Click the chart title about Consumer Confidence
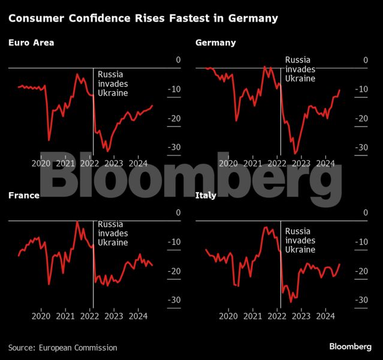pos(143,19)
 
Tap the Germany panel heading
pos(215,43)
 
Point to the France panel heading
pos(23,196)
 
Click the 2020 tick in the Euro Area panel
pos(41,163)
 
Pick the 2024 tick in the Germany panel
pos(325,163)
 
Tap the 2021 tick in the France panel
pos(65,316)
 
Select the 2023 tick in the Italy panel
pos(301,316)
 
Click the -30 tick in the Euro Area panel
pos(174,147)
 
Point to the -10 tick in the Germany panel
pos(361,89)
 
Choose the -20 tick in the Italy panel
pos(361,271)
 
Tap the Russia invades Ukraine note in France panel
pos(113,233)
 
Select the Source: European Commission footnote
pos(62,347)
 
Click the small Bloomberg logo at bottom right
pos(350,347)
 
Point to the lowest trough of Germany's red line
pos(294,154)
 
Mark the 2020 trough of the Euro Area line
pos(49,140)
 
